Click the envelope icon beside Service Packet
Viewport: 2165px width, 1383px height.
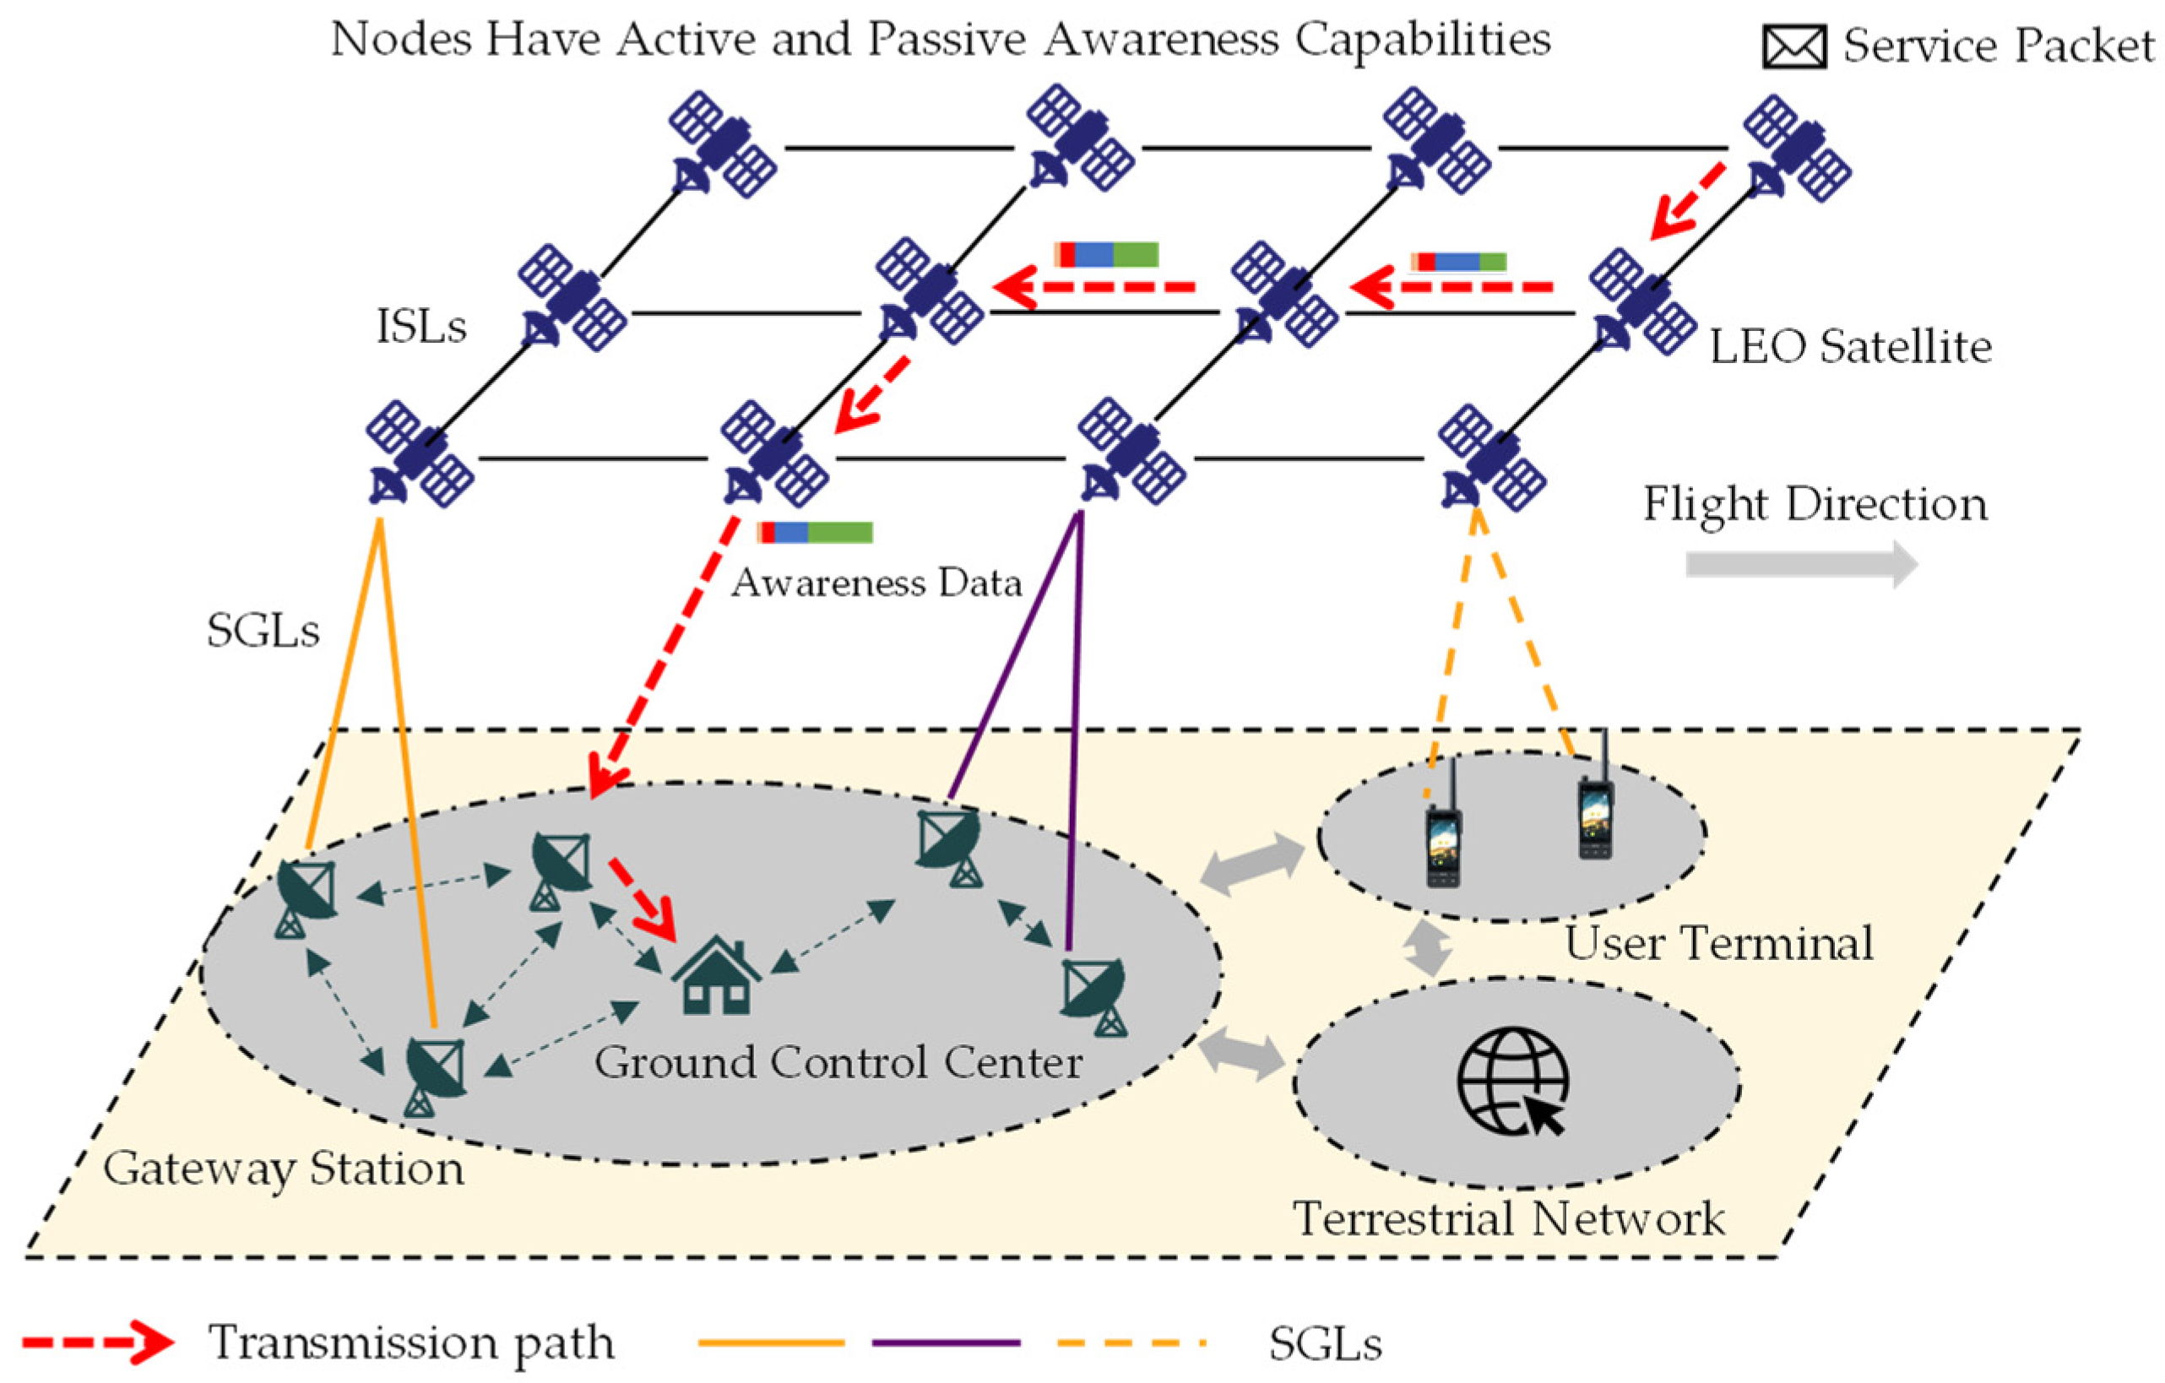click(1793, 46)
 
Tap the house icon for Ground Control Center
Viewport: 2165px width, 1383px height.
click(717, 977)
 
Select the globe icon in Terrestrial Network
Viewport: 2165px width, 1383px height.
click(1513, 1082)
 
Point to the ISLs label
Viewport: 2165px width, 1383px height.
click(421, 327)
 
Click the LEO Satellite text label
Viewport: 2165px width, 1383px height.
click(1849, 348)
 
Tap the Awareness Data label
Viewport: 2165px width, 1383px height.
click(876, 583)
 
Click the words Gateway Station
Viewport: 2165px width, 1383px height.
click(283, 1169)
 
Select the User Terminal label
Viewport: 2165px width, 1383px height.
click(1718, 944)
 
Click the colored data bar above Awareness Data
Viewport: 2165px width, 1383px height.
click(815, 532)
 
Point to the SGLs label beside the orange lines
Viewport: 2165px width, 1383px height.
click(263, 632)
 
